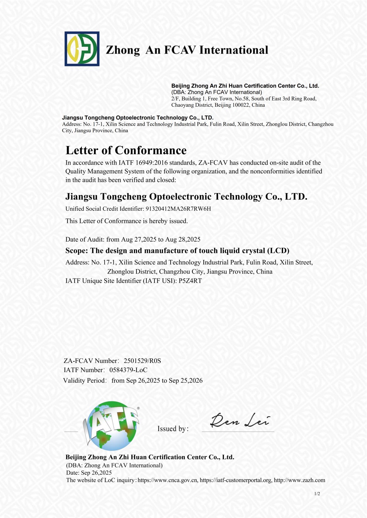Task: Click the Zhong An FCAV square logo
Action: tap(82, 49)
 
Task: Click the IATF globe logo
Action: tap(112, 426)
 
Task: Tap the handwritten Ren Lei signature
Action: tap(240, 420)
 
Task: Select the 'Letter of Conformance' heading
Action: tap(126, 150)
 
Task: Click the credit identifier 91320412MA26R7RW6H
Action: tap(178, 209)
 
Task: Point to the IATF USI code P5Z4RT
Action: tap(190, 281)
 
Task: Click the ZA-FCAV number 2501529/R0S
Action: tap(142, 361)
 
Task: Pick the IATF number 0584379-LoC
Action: tap(128, 370)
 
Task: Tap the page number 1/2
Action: tap(317, 494)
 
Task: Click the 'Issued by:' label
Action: tap(173, 429)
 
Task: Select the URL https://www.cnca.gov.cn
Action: tap(168, 480)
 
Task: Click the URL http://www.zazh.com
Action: tap(299, 480)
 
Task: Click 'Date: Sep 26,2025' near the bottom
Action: tap(89, 473)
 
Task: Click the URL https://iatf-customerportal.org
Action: tap(235, 480)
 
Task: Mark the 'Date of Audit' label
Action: tap(85, 240)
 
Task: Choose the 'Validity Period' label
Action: tap(84, 381)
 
